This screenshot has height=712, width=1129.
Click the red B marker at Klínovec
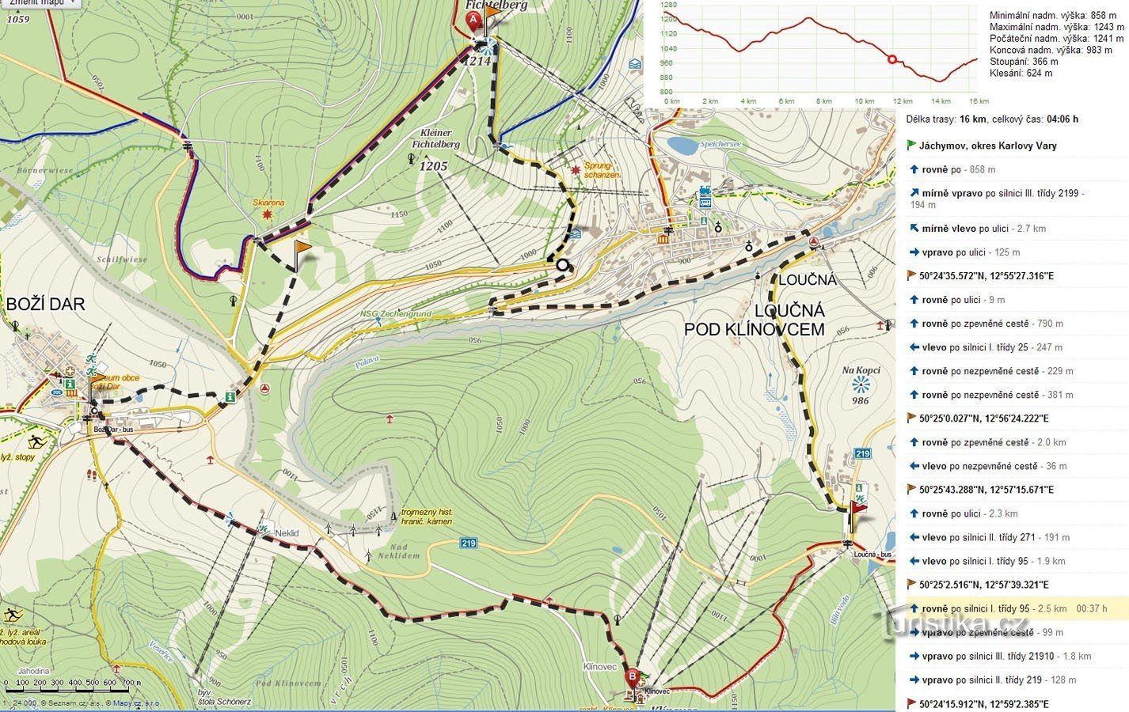coord(633,677)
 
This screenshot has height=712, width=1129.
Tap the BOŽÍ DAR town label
coord(46,305)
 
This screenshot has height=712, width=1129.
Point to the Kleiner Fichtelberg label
coord(435,139)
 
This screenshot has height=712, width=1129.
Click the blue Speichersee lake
coord(682,146)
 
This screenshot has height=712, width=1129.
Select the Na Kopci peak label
coord(861,370)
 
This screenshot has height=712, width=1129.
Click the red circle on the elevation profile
coord(892,59)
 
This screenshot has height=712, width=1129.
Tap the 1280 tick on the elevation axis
coord(667,6)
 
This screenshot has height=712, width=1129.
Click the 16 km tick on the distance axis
coord(979,101)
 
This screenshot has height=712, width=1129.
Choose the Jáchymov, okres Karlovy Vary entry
coord(987,146)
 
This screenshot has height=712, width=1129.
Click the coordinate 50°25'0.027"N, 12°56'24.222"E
coord(986,418)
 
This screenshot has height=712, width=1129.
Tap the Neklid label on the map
coord(287,533)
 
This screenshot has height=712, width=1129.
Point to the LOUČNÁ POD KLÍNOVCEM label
coord(755,320)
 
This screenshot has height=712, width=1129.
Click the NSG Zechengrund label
coord(395,313)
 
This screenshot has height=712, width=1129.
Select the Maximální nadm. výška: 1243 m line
coord(1056,27)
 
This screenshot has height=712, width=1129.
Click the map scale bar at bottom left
coord(71,682)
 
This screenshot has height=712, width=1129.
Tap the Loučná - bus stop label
coord(872,555)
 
